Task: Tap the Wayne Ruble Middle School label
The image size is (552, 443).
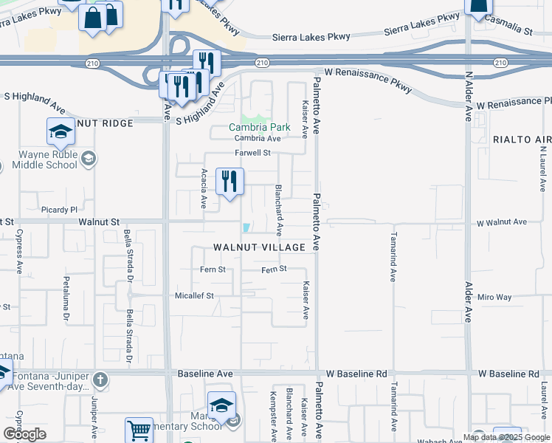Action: [x=48, y=159]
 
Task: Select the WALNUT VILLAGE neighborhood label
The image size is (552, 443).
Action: [x=260, y=247]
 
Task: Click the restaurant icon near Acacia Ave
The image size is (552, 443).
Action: [x=230, y=180]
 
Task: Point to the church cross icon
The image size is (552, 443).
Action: [x=100, y=380]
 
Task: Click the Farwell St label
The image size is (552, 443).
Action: [x=253, y=153]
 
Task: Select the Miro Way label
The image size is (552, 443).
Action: [x=494, y=297]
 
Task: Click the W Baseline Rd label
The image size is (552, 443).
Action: [x=508, y=374]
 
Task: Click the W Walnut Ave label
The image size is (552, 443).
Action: [x=501, y=221]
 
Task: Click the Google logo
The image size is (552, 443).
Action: [x=24, y=434]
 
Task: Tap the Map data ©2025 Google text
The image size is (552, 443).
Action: [x=506, y=437]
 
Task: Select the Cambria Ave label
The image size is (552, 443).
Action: [x=258, y=138]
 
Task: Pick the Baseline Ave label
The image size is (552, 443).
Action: [x=205, y=374]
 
